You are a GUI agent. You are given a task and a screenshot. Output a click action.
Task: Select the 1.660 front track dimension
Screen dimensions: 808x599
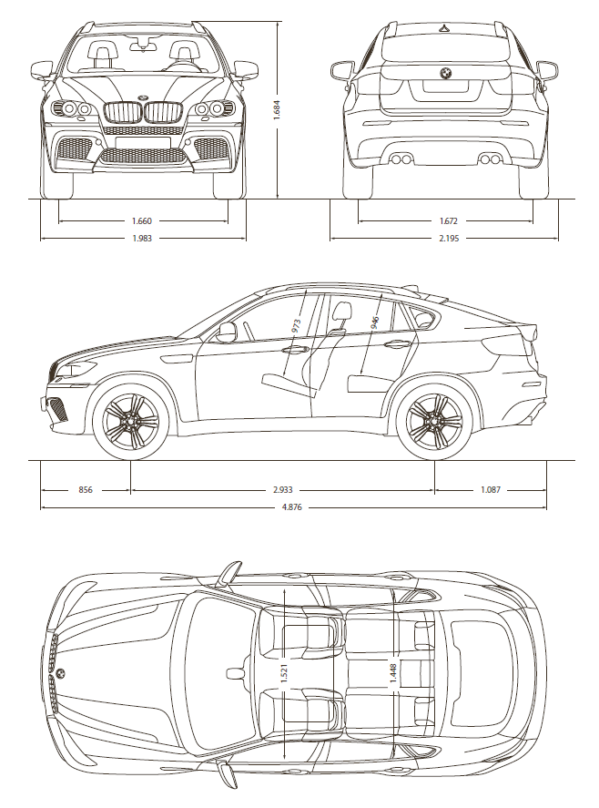pyautogui.click(x=142, y=221)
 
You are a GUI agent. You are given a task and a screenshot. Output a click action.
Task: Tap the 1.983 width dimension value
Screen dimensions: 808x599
pyautogui.click(x=142, y=239)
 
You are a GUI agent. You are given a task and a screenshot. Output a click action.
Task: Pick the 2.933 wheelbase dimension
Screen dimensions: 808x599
pyautogui.click(x=283, y=490)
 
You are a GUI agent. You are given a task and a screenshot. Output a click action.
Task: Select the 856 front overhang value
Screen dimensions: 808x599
pyautogui.click(x=86, y=490)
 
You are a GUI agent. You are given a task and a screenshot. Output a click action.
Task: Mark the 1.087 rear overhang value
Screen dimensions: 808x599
pyautogui.click(x=491, y=490)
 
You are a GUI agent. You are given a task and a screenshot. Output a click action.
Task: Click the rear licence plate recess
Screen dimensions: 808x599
pyautogui.click(x=445, y=90)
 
